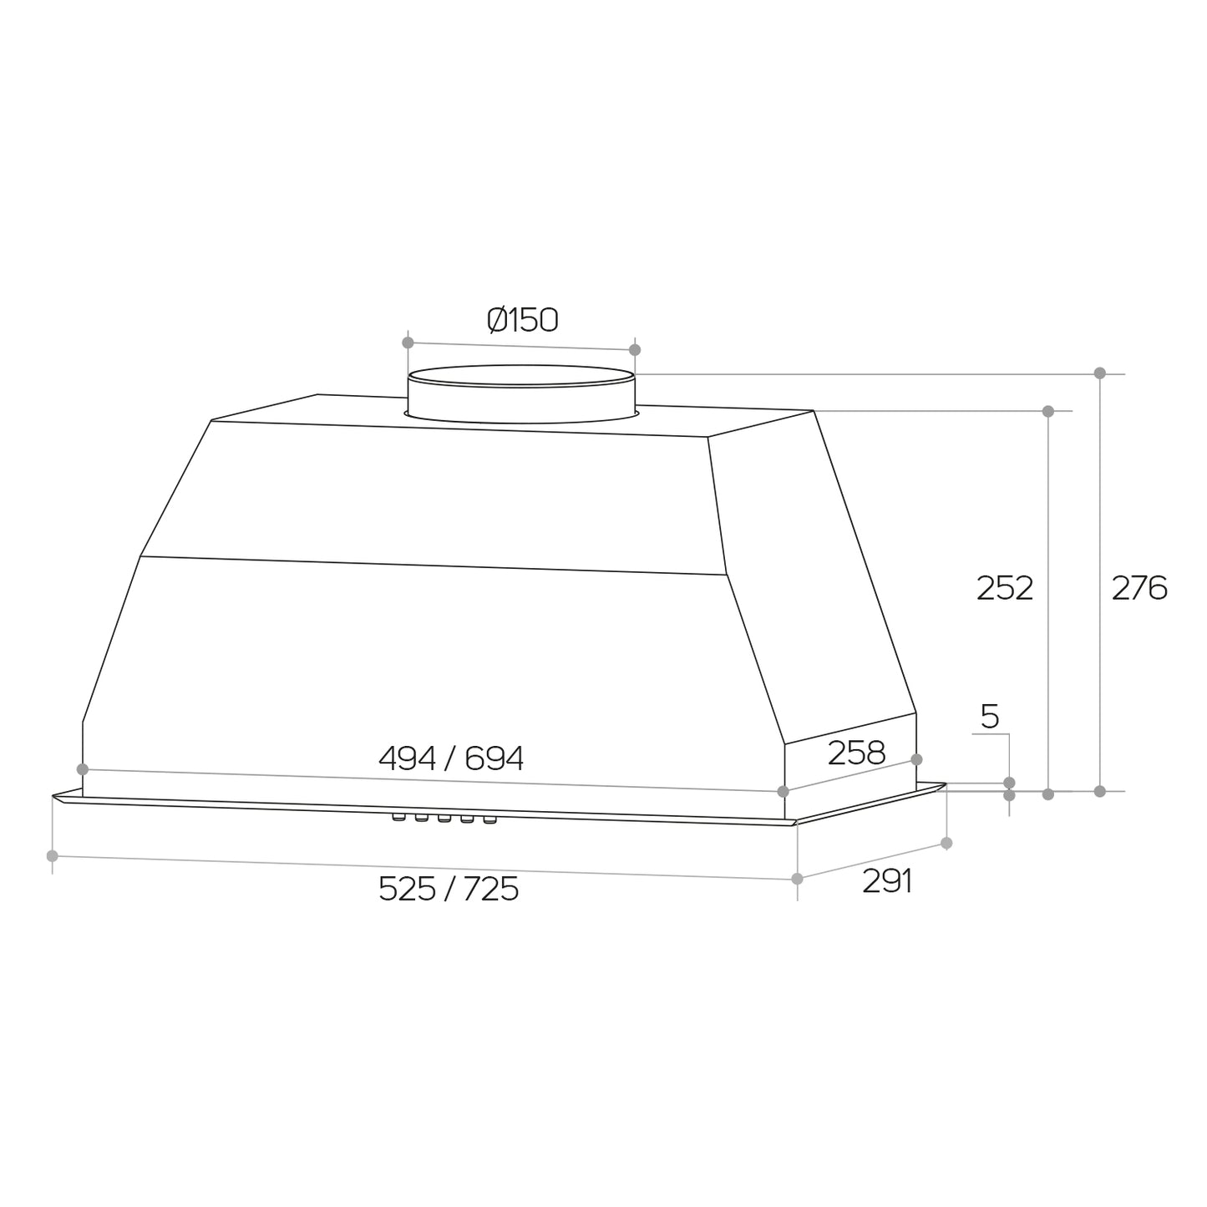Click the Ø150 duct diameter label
click(x=523, y=320)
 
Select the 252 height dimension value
click(x=1005, y=589)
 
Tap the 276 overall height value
click(x=1139, y=589)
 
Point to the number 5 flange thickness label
click(x=990, y=717)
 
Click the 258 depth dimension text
click(x=856, y=753)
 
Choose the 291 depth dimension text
click(x=887, y=881)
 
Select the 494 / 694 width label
click(x=451, y=758)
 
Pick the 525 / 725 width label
click(x=449, y=889)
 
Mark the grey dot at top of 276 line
click(x=1100, y=373)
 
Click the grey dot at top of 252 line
click(x=1048, y=411)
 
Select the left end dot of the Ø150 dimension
click(x=408, y=342)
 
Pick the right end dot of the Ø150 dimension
click(x=635, y=349)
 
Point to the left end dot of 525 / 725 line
click(x=53, y=855)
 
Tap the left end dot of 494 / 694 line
click(x=82, y=768)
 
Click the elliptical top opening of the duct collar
click(x=520, y=376)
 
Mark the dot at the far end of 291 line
click(x=946, y=843)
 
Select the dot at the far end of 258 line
click(x=916, y=758)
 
